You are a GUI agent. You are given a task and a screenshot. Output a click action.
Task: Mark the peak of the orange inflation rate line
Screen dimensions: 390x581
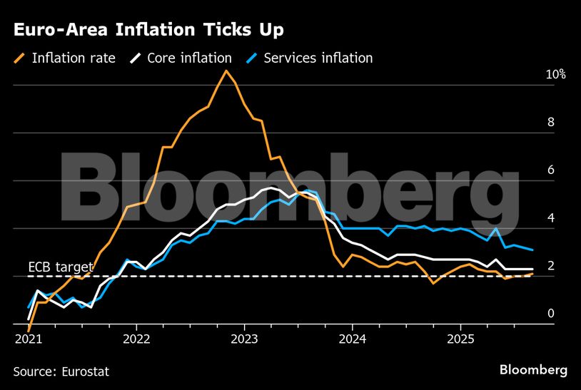point(226,71)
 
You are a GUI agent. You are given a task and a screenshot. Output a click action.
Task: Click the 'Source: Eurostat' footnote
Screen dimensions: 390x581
point(61,371)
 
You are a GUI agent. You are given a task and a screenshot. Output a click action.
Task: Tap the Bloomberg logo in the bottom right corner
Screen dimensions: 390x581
point(533,370)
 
